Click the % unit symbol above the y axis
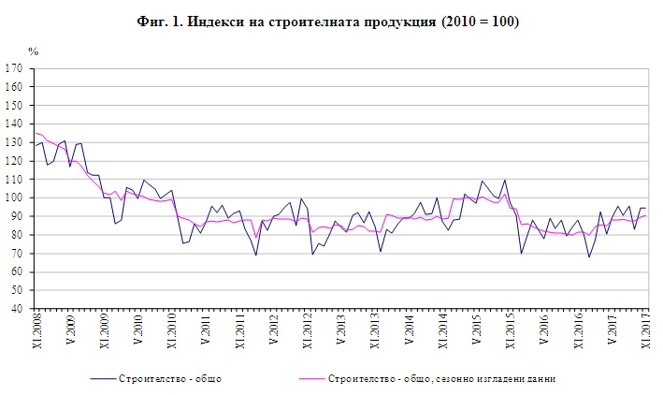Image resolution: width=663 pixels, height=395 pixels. coord(33,52)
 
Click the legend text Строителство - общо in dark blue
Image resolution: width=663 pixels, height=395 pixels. coord(170,378)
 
